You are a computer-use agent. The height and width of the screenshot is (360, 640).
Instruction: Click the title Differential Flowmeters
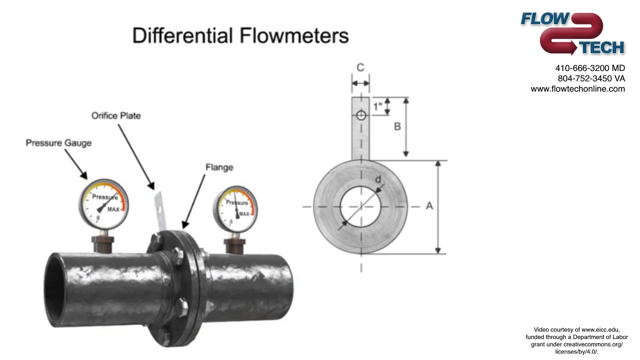(240, 36)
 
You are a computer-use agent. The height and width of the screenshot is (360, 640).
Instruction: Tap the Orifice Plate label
(115, 115)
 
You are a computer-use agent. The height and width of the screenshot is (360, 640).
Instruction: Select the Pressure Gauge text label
(58, 143)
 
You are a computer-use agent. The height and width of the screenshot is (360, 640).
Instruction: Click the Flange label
(219, 167)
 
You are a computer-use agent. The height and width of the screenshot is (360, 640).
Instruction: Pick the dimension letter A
(428, 205)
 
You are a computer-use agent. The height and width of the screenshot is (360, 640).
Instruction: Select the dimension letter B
(397, 126)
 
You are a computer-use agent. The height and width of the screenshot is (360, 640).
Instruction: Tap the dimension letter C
(360, 67)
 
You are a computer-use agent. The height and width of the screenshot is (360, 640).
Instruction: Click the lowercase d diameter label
(378, 179)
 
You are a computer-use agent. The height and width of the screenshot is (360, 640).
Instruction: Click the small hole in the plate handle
(360, 115)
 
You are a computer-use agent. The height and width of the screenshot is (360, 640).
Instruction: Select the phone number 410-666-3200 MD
(589, 68)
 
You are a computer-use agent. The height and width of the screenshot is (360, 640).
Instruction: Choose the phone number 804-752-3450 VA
(591, 78)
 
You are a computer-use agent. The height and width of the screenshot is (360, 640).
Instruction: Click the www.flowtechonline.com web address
(577, 89)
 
